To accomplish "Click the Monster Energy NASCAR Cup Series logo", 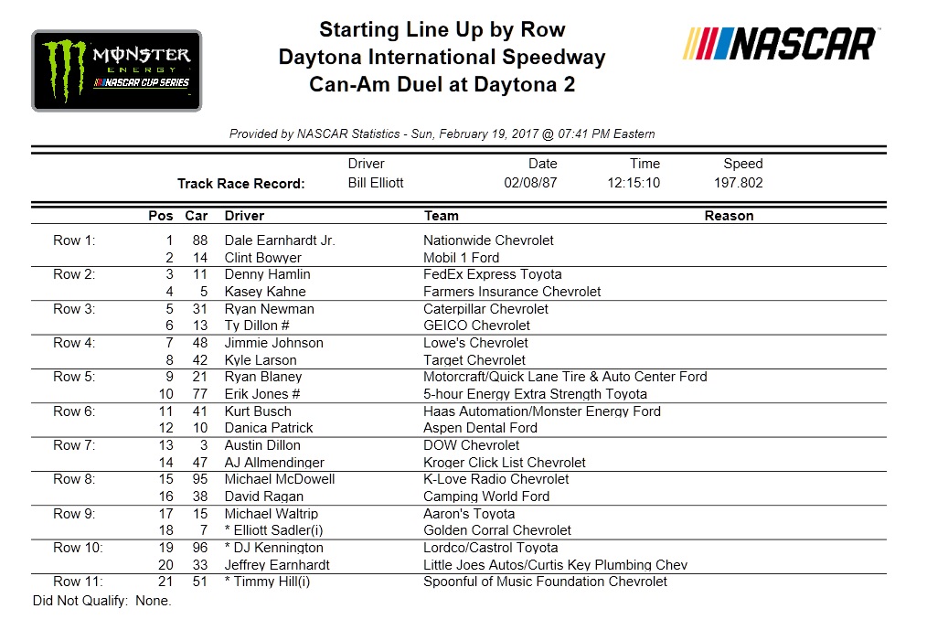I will click(116, 70).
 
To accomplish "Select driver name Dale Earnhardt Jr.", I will click(280, 240).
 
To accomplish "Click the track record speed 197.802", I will click(738, 183).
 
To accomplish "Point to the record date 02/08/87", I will click(530, 183).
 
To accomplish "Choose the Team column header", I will click(442, 216).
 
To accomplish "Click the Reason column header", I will click(729, 216).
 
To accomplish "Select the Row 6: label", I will click(74, 411).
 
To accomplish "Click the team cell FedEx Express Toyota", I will click(493, 274).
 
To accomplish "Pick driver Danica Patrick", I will click(269, 428).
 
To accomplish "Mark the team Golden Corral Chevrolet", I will click(497, 530).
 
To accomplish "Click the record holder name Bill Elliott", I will click(376, 183).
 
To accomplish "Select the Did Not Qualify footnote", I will click(101, 601).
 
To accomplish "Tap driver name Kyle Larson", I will click(261, 360).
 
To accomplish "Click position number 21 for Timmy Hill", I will click(165, 582).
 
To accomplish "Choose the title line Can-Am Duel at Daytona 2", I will click(442, 85).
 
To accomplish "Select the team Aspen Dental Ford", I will click(480, 428).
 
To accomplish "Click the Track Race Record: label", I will click(240, 184).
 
